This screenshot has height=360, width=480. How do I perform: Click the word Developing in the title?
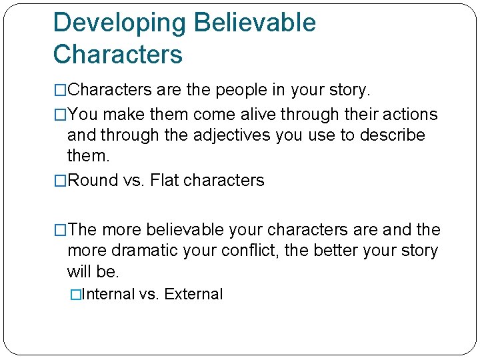pos(120,23)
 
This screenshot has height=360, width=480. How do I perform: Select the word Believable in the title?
pos(255,23)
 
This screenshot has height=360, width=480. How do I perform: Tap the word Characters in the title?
pos(117,55)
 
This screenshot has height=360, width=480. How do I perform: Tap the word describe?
pos(392,135)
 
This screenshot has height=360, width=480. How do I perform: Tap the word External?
pos(193,294)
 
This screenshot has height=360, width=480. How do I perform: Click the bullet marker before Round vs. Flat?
pos(61,181)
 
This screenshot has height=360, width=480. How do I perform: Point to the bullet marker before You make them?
pos(61,115)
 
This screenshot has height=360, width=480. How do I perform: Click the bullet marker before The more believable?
pos(61,230)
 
